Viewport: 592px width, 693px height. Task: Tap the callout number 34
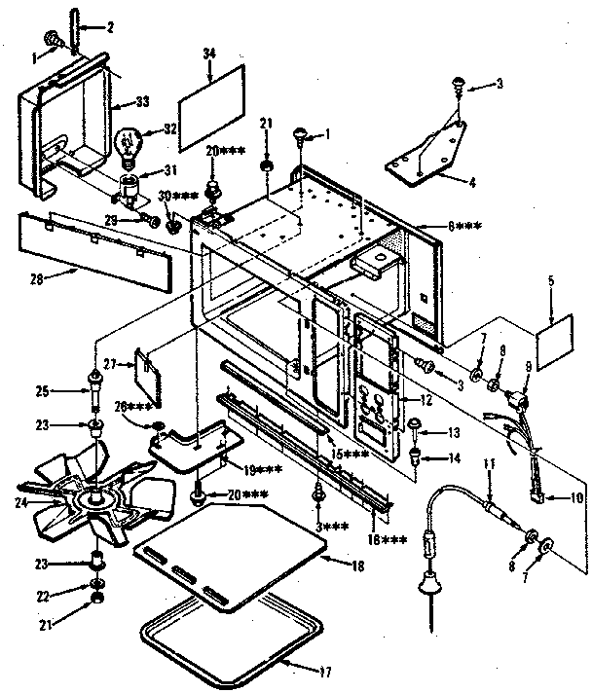pyautogui.click(x=209, y=54)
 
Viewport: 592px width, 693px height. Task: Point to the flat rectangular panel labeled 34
pyautogui.click(x=211, y=108)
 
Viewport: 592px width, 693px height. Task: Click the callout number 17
pyautogui.click(x=327, y=673)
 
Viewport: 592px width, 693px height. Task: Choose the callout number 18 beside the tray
pyautogui.click(x=357, y=566)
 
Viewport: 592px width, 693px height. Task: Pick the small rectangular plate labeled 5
pyautogui.click(x=554, y=342)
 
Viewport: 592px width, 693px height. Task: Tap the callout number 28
pyautogui.click(x=37, y=280)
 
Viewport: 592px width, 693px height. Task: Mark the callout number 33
pyautogui.click(x=143, y=101)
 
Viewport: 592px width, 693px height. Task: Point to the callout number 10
pyautogui.click(x=576, y=498)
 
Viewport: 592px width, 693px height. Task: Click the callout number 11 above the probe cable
pyautogui.click(x=489, y=464)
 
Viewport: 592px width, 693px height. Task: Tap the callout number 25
pyautogui.click(x=42, y=391)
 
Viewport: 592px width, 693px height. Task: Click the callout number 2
pyautogui.click(x=110, y=27)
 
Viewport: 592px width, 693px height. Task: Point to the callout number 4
pyautogui.click(x=472, y=182)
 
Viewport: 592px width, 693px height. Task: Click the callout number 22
pyautogui.click(x=43, y=597)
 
